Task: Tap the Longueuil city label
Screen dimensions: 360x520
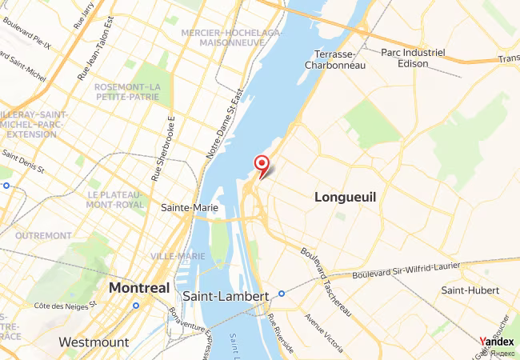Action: click(x=345, y=196)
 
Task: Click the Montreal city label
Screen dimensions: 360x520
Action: click(x=139, y=287)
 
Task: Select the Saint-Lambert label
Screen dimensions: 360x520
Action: click(x=214, y=296)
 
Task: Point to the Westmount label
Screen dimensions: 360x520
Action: click(x=94, y=342)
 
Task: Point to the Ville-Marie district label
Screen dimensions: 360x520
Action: click(x=178, y=256)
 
